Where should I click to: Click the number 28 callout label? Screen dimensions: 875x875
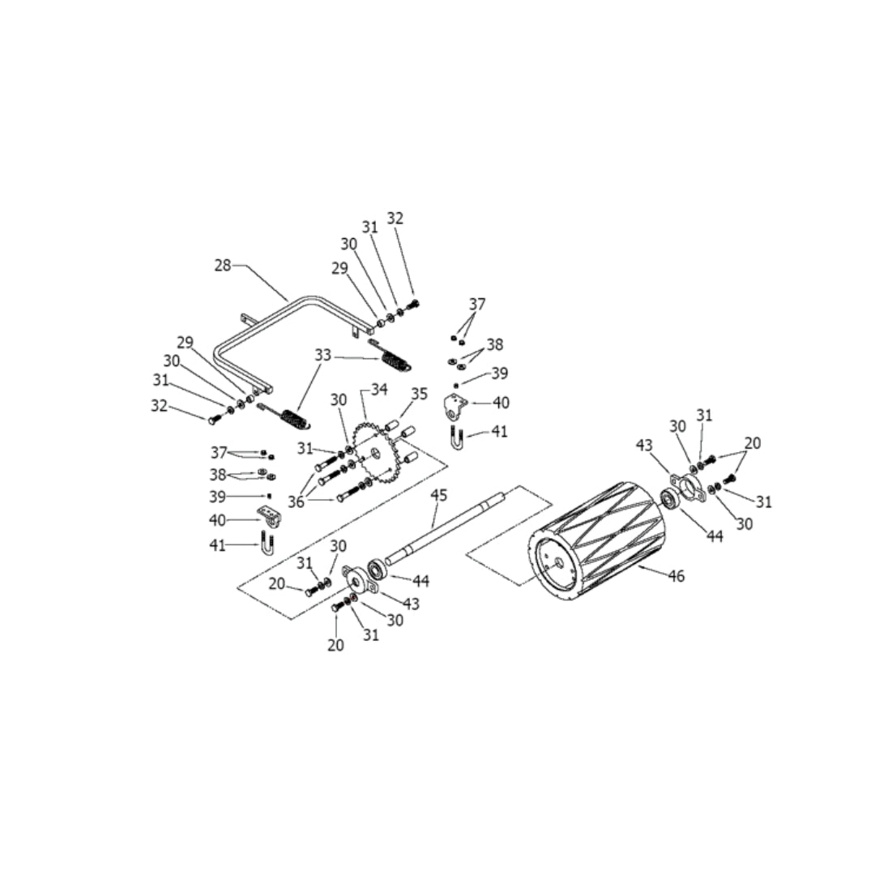point(223,265)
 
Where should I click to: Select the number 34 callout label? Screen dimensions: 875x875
point(380,390)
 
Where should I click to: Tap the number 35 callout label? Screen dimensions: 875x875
point(419,394)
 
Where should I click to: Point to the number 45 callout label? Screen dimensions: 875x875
point(438,494)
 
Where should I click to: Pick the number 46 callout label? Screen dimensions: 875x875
point(677,576)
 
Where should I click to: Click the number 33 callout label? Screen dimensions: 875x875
point(323,355)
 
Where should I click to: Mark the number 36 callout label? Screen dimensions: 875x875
point(296,502)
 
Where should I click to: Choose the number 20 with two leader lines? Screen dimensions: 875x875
point(753,443)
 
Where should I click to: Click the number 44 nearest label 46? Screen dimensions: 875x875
point(714,536)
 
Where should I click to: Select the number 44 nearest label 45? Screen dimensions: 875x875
point(420,581)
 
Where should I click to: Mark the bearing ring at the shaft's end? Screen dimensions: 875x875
point(376,568)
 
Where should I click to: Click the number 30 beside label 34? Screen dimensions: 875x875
point(339,399)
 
